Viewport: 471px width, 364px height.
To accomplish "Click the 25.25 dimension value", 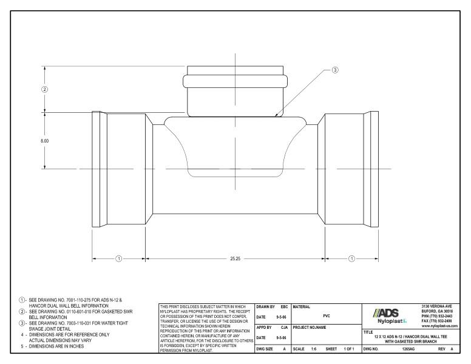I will coord(235,258).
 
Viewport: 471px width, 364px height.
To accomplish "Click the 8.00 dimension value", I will coord(45,141).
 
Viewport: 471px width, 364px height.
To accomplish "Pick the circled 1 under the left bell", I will coord(119,258).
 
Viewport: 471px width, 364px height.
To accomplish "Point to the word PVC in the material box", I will coord(327,315).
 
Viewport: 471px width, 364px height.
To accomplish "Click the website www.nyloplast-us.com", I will coord(440,326).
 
